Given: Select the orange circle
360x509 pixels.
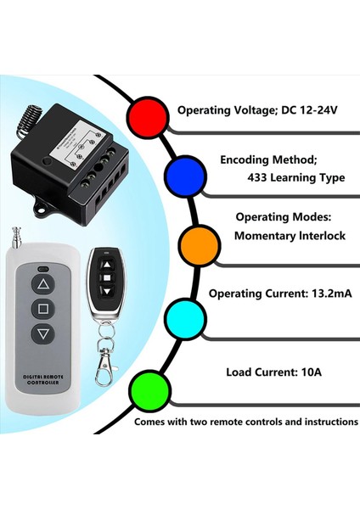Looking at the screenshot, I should coord(200,246).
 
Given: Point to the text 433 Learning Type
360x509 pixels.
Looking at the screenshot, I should coord(295,177).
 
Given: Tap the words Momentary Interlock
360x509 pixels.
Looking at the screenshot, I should coord(290,236).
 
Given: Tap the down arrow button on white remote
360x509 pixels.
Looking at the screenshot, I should coord(43,334).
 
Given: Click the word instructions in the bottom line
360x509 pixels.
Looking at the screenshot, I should coord(324,421).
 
